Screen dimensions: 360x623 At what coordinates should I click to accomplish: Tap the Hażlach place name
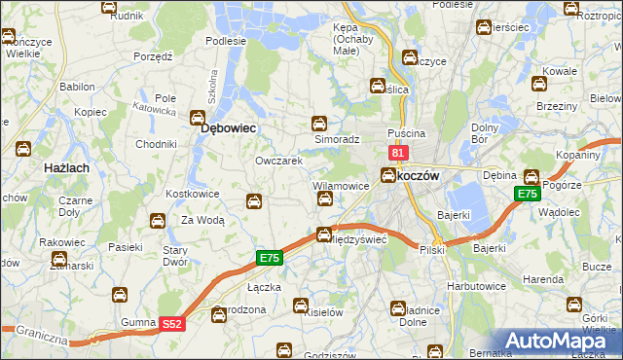[67, 167]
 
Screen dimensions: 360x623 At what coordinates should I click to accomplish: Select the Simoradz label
[337, 140]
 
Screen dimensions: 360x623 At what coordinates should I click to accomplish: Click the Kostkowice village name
[193, 194]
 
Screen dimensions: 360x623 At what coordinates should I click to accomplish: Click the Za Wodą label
[203, 221]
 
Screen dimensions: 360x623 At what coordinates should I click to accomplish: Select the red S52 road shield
[172, 323]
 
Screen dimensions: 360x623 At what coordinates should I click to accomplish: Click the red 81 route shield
[397, 153]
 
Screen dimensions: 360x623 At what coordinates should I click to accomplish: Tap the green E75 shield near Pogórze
[527, 195]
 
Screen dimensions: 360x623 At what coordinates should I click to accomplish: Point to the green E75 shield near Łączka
[270, 258]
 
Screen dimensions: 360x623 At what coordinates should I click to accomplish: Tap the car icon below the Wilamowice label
[326, 199]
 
